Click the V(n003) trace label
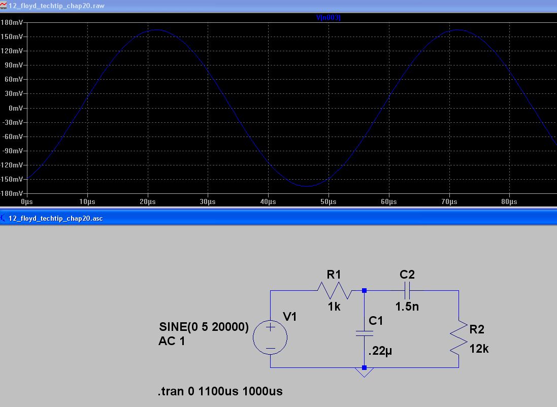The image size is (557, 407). tap(328, 17)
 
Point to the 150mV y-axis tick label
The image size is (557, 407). tap(12, 37)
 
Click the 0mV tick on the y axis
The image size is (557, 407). tap(16, 108)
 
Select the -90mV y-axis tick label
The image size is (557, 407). tap(12, 151)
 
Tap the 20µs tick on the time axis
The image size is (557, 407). tap(147, 202)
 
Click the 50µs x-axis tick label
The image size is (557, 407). tap(328, 202)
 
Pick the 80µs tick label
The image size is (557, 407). tap(509, 202)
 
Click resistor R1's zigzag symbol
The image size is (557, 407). tap(335, 290)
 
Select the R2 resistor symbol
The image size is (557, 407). tap(458, 337)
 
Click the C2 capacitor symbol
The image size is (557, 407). tap(407, 290)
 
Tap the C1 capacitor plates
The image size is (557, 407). tap(364, 333)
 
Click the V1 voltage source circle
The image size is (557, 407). tap(270, 337)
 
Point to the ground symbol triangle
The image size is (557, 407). tap(364, 372)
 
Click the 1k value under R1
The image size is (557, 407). tap(334, 307)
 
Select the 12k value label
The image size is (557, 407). tap(479, 349)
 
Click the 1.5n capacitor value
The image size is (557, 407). tap(407, 307)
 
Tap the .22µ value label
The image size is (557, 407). tap(380, 351)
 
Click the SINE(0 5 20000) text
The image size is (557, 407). tap(204, 327)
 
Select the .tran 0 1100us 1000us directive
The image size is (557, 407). tap(220, 391)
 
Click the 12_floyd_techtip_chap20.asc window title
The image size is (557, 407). tap(55, 218)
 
